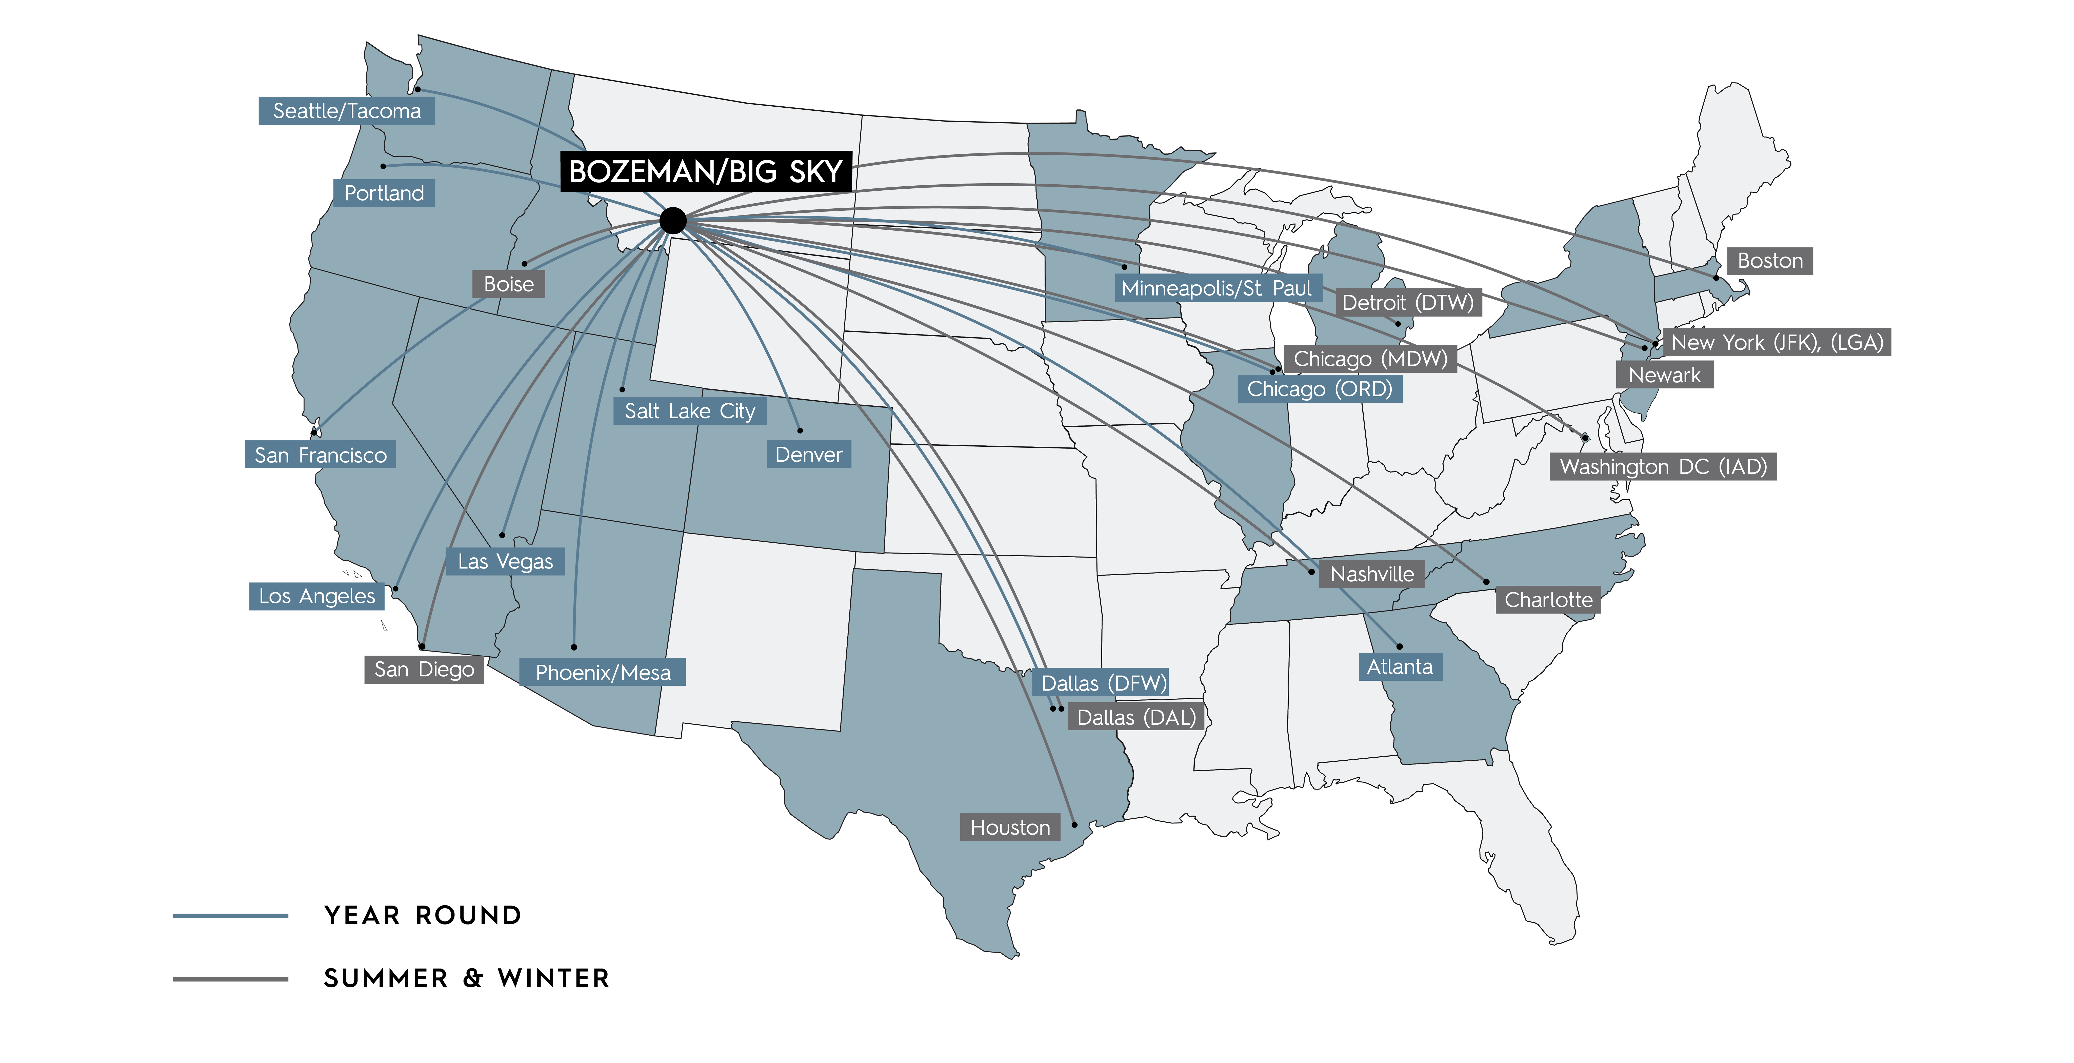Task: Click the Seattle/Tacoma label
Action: click(346, 111)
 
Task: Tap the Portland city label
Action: click(384, 193)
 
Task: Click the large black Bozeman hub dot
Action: click(672, 220)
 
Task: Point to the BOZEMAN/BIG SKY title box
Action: click(705, 171)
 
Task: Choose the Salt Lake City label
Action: click(690, 411)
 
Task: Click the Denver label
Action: click(808, 455)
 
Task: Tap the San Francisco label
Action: click(321, 455)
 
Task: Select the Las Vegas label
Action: click(505, 561)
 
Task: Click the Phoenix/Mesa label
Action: click(602, 673)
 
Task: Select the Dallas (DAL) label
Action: click(1136, 718)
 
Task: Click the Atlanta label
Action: click(1399, 667)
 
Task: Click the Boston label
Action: click(1770, 261)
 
